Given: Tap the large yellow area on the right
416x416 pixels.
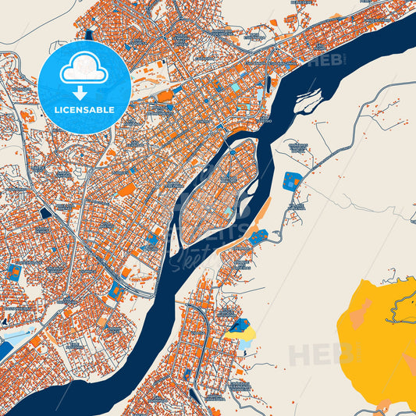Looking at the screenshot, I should click(375, 336).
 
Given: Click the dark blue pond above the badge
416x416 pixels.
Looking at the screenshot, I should click(90, 34).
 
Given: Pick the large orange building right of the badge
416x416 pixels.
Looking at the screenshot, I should click(165, 96).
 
